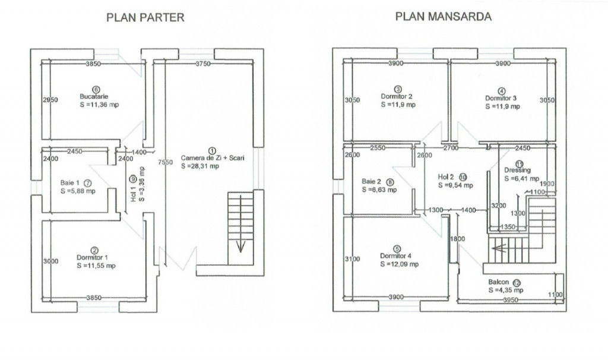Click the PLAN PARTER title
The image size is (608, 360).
pyautogui.click(x=145, y=17)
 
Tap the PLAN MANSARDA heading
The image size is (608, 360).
pyautogui.click(x=444, y=17)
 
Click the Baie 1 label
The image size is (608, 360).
pyautogui.click(x=70, y=183)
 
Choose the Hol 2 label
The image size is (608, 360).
pyautogui.click(x=446, y=176)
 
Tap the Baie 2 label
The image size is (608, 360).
pyautogui.click(x=372, y=182)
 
